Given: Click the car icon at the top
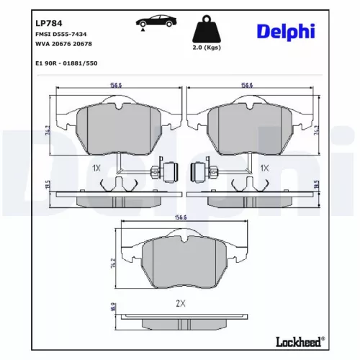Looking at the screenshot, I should pyautogui.click(x=152, y=22).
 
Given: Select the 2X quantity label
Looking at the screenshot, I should pyautogui.click(x=181, y=302).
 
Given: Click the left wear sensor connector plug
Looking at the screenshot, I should pyautogui.click(x=167, y=173).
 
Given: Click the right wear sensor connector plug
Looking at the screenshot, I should pyautogui.click(x=194, y=173).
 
